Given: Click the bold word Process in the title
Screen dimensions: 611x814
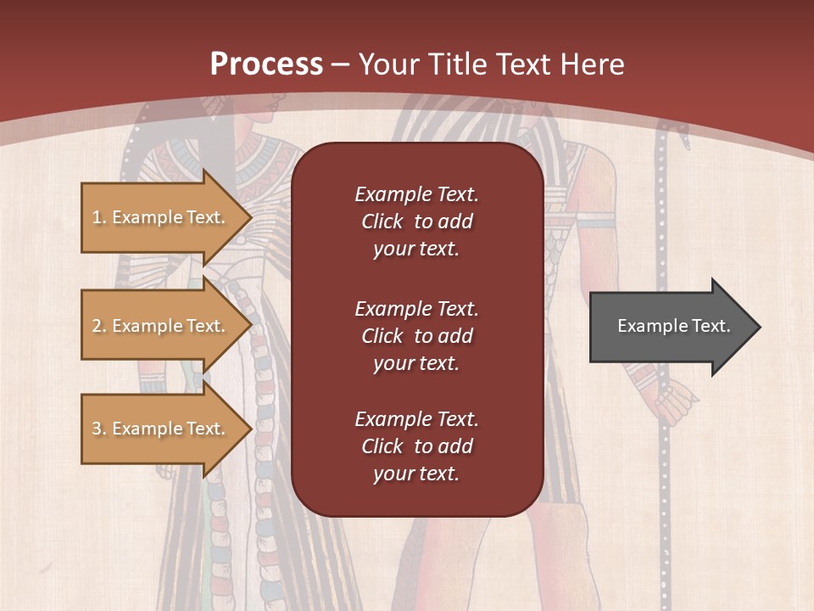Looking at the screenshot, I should [x=266, y=64].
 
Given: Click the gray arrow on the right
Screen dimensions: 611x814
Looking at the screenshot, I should [x=670, y=327].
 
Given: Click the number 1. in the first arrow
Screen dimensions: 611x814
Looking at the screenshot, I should [x=99, y=217].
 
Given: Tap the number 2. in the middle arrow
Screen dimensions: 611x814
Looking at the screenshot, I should [x=99, y=326].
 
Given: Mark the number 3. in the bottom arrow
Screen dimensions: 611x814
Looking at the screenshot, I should [x=99, y=429].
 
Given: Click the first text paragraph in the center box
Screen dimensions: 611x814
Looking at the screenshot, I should [x=416, y=221].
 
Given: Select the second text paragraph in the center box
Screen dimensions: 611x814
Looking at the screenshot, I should [x=416, y=336].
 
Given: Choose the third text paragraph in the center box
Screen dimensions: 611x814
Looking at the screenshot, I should [x=416, y=446].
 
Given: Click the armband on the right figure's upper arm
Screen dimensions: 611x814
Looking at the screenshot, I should [x=596, y=223].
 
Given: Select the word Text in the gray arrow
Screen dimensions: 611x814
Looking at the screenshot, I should [x=712, y=326].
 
